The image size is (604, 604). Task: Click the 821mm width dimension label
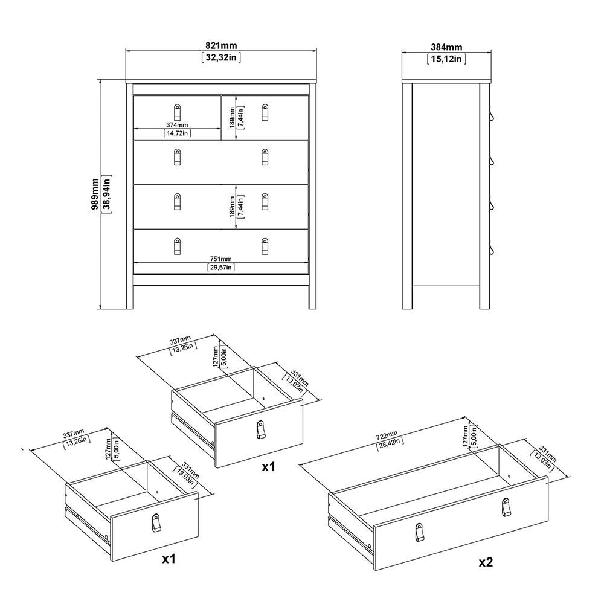(220, 46)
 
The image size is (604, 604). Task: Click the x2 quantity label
(486, 562)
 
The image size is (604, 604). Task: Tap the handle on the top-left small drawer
(177, 113)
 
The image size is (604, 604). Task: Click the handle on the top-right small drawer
(265, 112)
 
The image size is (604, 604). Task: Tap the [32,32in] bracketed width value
(220, 58)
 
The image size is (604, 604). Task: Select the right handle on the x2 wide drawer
(504, 508)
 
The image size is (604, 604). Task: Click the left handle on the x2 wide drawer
(419, 532)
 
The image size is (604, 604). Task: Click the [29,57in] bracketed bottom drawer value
(220, 267)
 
